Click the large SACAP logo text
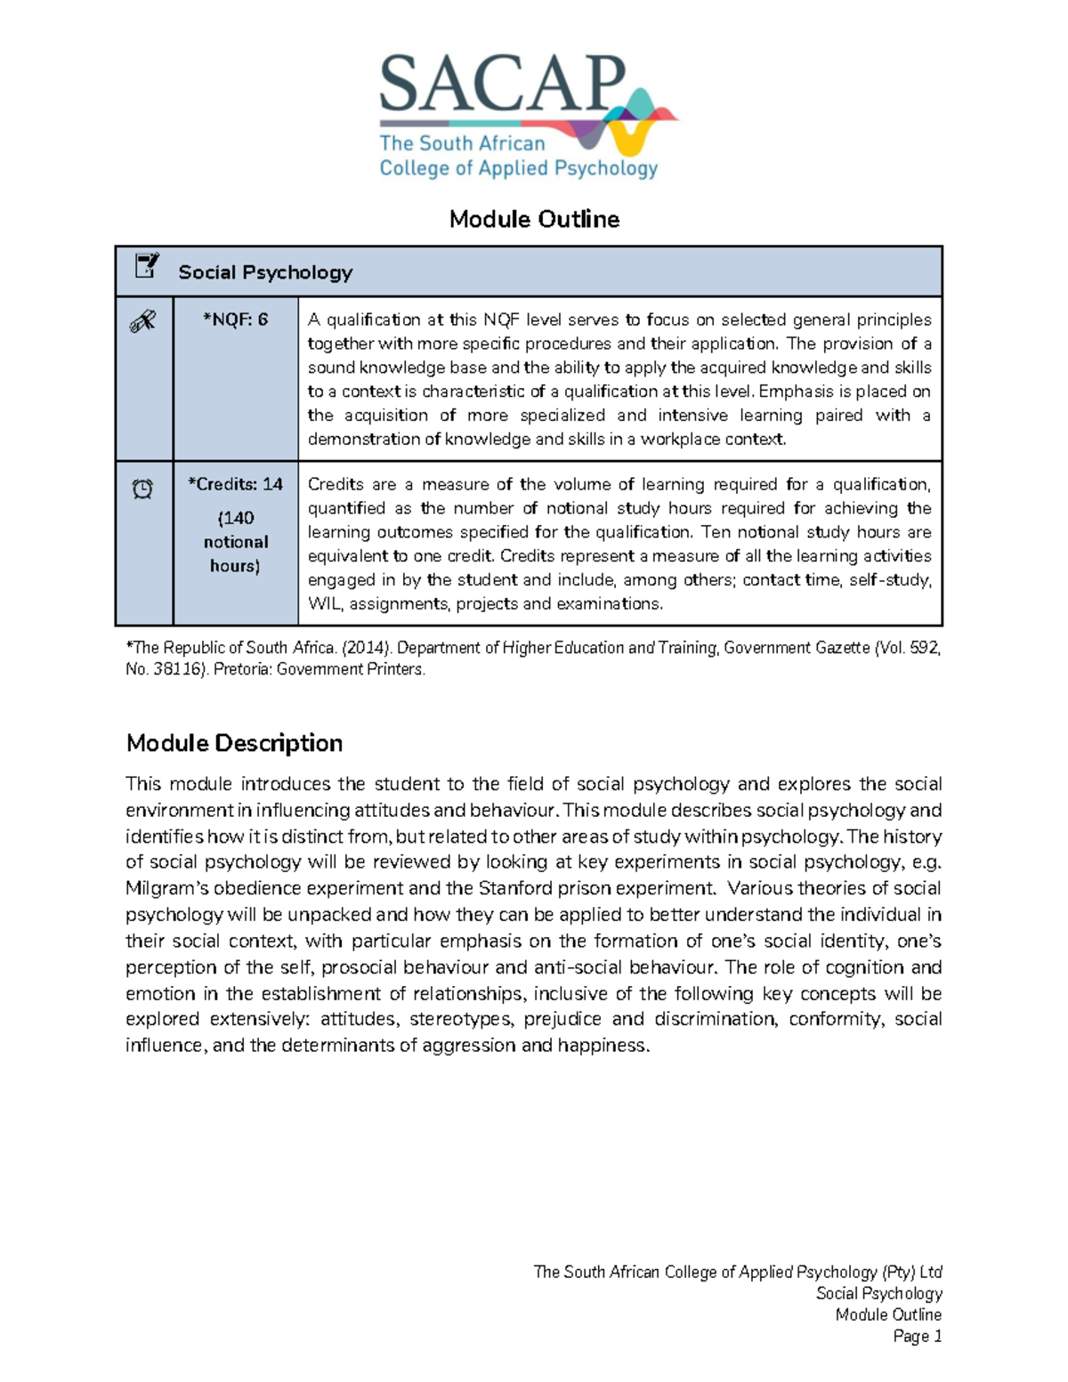click(503, 85)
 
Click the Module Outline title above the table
click(534, 219)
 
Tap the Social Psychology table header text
click(265, 272)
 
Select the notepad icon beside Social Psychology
click(146, 266)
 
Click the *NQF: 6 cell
click(235, 319)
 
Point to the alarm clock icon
click(142, 489)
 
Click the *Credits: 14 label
click(235, 484)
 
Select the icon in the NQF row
click(142, 321)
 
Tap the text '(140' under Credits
click(236, 518)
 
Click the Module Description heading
click(234, 743)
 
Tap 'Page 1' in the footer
click(917, 1336)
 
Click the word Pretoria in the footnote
click(242, 669)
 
